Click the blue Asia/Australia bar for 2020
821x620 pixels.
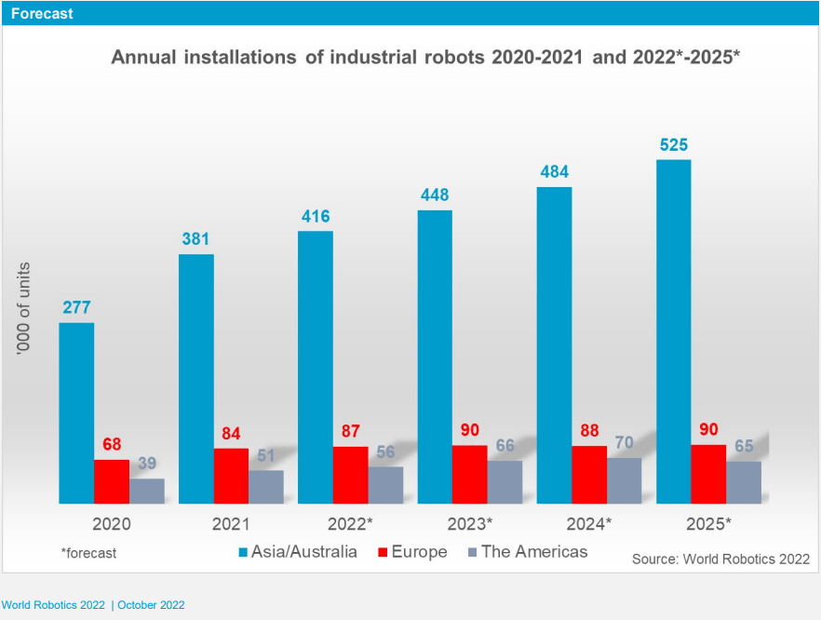point(76,412)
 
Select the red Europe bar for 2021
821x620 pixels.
point(231,476)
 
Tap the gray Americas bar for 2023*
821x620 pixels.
point(505,481)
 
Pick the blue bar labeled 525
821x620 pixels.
point(673,330)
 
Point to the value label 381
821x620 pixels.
point(195,239)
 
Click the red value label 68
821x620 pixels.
point(112,444)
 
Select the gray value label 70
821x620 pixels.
point(625,443)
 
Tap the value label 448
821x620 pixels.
point(434,195)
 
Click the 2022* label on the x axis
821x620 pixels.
point(350,523)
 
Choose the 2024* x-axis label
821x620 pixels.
point(589,523)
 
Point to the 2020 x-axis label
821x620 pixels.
point(112,523)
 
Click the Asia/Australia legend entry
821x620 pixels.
point(297,552)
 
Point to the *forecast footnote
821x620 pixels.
point(88,553)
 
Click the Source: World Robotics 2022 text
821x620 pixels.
point(720,559)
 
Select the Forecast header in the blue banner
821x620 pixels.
point(42,14)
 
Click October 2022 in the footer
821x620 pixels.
point(152,605)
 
